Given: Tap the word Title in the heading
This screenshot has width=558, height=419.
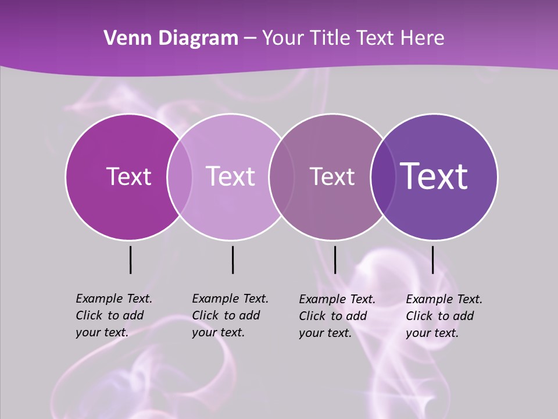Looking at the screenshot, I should coord(330,38).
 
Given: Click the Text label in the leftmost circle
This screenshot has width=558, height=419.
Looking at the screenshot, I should coord(128,176).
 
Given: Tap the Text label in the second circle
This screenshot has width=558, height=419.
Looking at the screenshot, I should coord(230,176).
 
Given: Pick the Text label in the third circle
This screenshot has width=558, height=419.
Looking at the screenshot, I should coord(332,176).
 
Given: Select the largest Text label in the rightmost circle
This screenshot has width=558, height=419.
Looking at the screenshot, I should coord(434,176).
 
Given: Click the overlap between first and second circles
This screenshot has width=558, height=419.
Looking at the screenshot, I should coord(180,176).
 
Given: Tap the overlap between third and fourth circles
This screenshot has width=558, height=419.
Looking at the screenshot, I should coord(382,176).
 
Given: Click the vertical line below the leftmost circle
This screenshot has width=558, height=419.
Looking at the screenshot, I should coord(130,260).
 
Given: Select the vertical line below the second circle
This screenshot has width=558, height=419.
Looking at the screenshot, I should coord(233,260).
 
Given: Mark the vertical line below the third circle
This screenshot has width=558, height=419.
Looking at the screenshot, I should coord(335,260).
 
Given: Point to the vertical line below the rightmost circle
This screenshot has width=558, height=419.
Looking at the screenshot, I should coord(432,260).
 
